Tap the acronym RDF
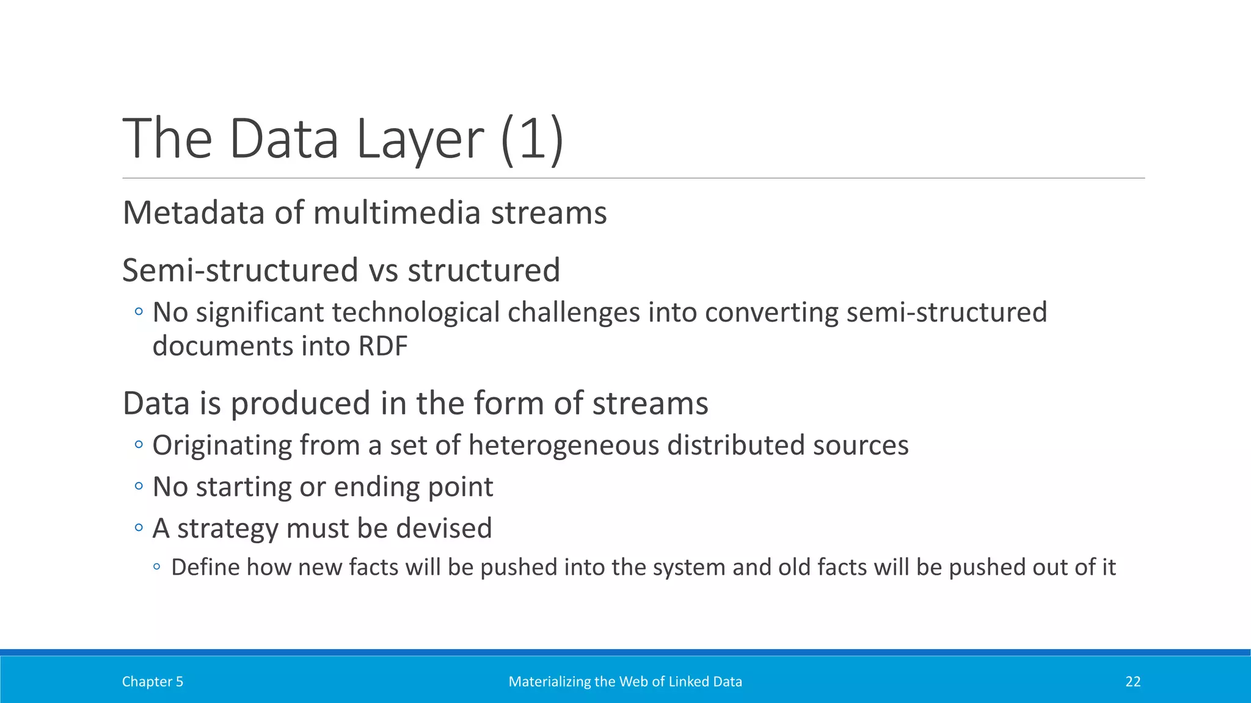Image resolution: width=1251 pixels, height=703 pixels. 383,346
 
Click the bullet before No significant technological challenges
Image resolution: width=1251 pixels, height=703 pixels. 139,312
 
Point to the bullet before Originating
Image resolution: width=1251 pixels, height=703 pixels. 139,445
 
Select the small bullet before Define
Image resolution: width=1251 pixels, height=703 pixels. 157,568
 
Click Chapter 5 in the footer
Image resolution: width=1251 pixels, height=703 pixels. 152,682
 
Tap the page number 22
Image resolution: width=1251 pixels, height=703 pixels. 1132,682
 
